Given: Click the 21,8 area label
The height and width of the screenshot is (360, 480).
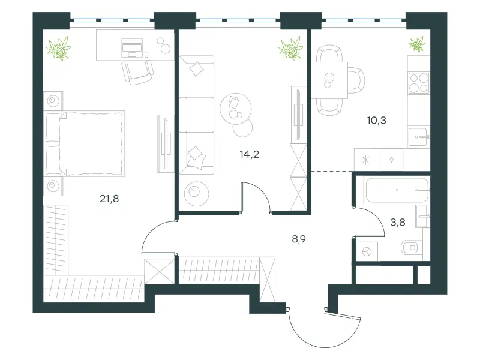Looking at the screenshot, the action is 109,199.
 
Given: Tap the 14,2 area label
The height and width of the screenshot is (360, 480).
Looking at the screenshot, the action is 250,154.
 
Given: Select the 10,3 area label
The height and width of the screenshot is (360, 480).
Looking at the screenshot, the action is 377,121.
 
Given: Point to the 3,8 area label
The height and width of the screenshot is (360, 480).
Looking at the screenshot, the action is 398,222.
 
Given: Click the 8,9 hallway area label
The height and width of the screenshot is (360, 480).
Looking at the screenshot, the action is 299,239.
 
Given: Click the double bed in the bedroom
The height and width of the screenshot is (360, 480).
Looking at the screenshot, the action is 85,143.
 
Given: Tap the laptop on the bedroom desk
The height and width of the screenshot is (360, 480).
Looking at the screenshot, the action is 132,48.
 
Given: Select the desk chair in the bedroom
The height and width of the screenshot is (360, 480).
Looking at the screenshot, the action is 137,72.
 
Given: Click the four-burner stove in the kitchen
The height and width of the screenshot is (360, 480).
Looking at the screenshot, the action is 419,83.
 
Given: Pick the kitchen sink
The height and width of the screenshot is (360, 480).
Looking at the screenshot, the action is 419,137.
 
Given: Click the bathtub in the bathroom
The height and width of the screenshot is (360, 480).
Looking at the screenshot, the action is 397,190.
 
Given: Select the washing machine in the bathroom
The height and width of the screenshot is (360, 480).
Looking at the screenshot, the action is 367,251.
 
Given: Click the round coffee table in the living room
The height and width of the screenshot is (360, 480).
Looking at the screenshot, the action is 236,109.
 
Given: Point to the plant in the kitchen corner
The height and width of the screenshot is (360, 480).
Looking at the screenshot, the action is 417,44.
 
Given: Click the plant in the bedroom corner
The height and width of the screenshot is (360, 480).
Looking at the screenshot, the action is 59,48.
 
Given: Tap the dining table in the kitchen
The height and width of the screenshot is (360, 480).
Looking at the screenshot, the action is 329,80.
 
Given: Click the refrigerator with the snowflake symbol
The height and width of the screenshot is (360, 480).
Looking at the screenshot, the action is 366,160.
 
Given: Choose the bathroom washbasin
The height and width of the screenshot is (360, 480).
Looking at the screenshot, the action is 422,217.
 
